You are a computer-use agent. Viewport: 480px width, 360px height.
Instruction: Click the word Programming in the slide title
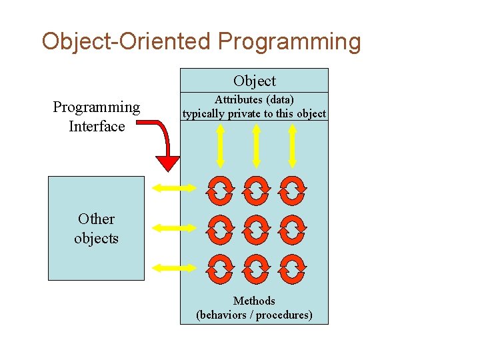pyautogui.click(x=289, y=42)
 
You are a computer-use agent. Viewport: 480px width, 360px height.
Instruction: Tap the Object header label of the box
pyautogui.click(x=254, y=81)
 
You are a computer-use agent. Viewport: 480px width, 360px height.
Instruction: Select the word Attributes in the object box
pyautogui.click(x=239, y=100)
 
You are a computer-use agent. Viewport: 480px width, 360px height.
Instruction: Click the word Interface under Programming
pyautogui.click(x=97, y=126)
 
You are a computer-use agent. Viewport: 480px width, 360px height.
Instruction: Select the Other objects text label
pyautogui.click(x=96, y=229)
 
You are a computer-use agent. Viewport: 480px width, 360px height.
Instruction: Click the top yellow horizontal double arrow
pyautogui.click(x=175, y=189)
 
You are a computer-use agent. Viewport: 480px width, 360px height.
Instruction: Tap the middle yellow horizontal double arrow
pyautogui.click(x=175, y=228)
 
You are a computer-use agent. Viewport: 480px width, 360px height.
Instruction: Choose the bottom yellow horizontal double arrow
pyautogui.click(x=175, y=268)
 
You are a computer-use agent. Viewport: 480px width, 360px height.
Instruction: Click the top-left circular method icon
pyautogui.click(x=221, y=189)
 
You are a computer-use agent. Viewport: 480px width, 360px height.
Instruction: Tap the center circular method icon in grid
pyautogui.click(x=256, y=228)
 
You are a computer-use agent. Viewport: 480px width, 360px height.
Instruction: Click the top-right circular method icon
pyautogui.click(x=292, y=189)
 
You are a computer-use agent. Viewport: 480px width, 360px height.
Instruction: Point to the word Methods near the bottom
pyautogui.click(x=254, y=301)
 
